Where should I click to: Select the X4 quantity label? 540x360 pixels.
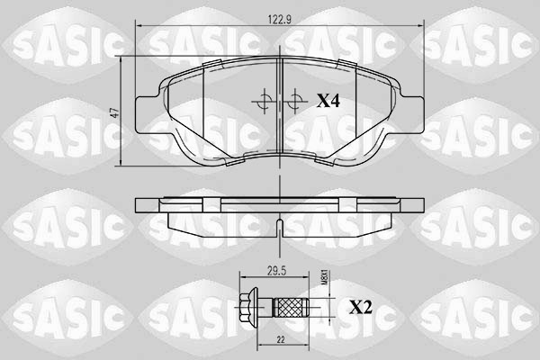click(327, 103)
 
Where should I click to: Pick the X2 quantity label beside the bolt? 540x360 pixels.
click(360, 307)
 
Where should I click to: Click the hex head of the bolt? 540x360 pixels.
click(244, 307)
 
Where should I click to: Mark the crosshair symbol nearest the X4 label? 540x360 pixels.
click(294, 102)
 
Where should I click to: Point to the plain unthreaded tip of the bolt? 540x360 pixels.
click(313, 307)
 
